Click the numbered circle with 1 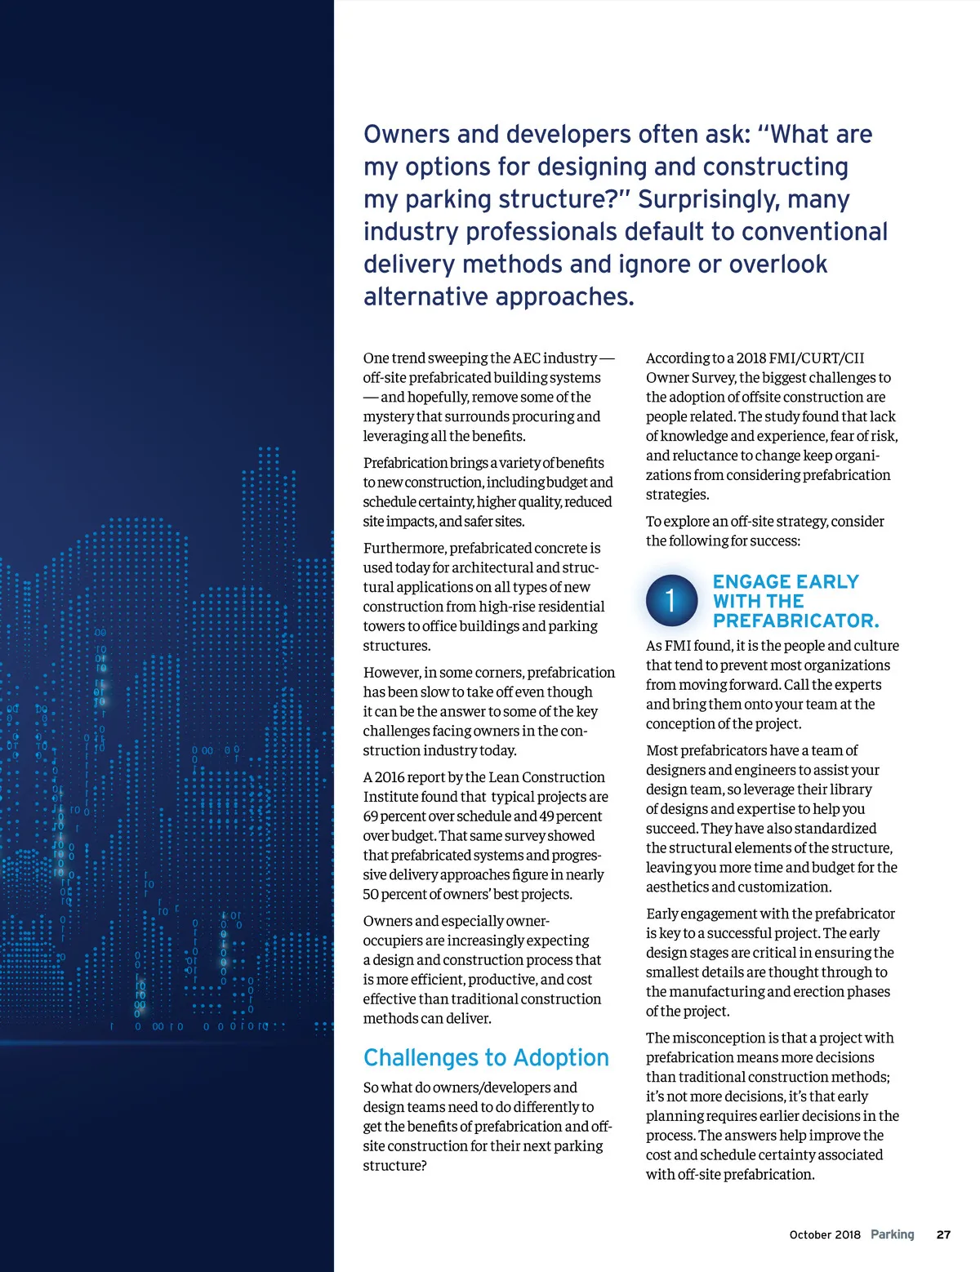(x=671, y=601)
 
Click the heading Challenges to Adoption (x=486, y=1058)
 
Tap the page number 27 (x=943, y=1234)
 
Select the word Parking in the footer (x=892, y=1234)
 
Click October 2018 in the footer (x=825, y=1234)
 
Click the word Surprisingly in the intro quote (x=703, y=199)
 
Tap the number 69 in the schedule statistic (x=372, y=816)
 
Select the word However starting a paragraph (x=391, y=672)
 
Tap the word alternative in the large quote (x=427, y=296)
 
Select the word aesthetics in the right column (x=677, y=887)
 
